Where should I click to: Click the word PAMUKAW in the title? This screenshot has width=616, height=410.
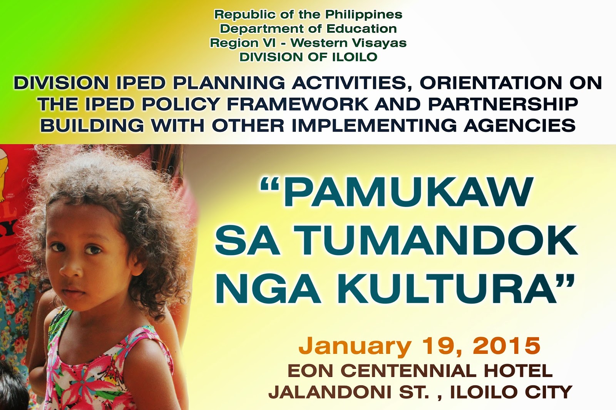(x=408, y=192)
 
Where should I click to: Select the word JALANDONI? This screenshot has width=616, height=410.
(x=329, y=392)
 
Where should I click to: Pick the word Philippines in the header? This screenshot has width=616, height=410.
(x=363, y=15)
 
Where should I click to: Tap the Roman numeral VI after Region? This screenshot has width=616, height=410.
(x=268, y=43)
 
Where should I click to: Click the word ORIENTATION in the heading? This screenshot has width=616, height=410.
(x=491, y=83)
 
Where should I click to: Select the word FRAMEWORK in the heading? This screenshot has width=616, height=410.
(x=298, y=104)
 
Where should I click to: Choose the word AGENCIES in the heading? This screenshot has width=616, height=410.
(x=520, y=125)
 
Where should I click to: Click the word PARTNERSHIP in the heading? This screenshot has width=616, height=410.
(x=503, y=104)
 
